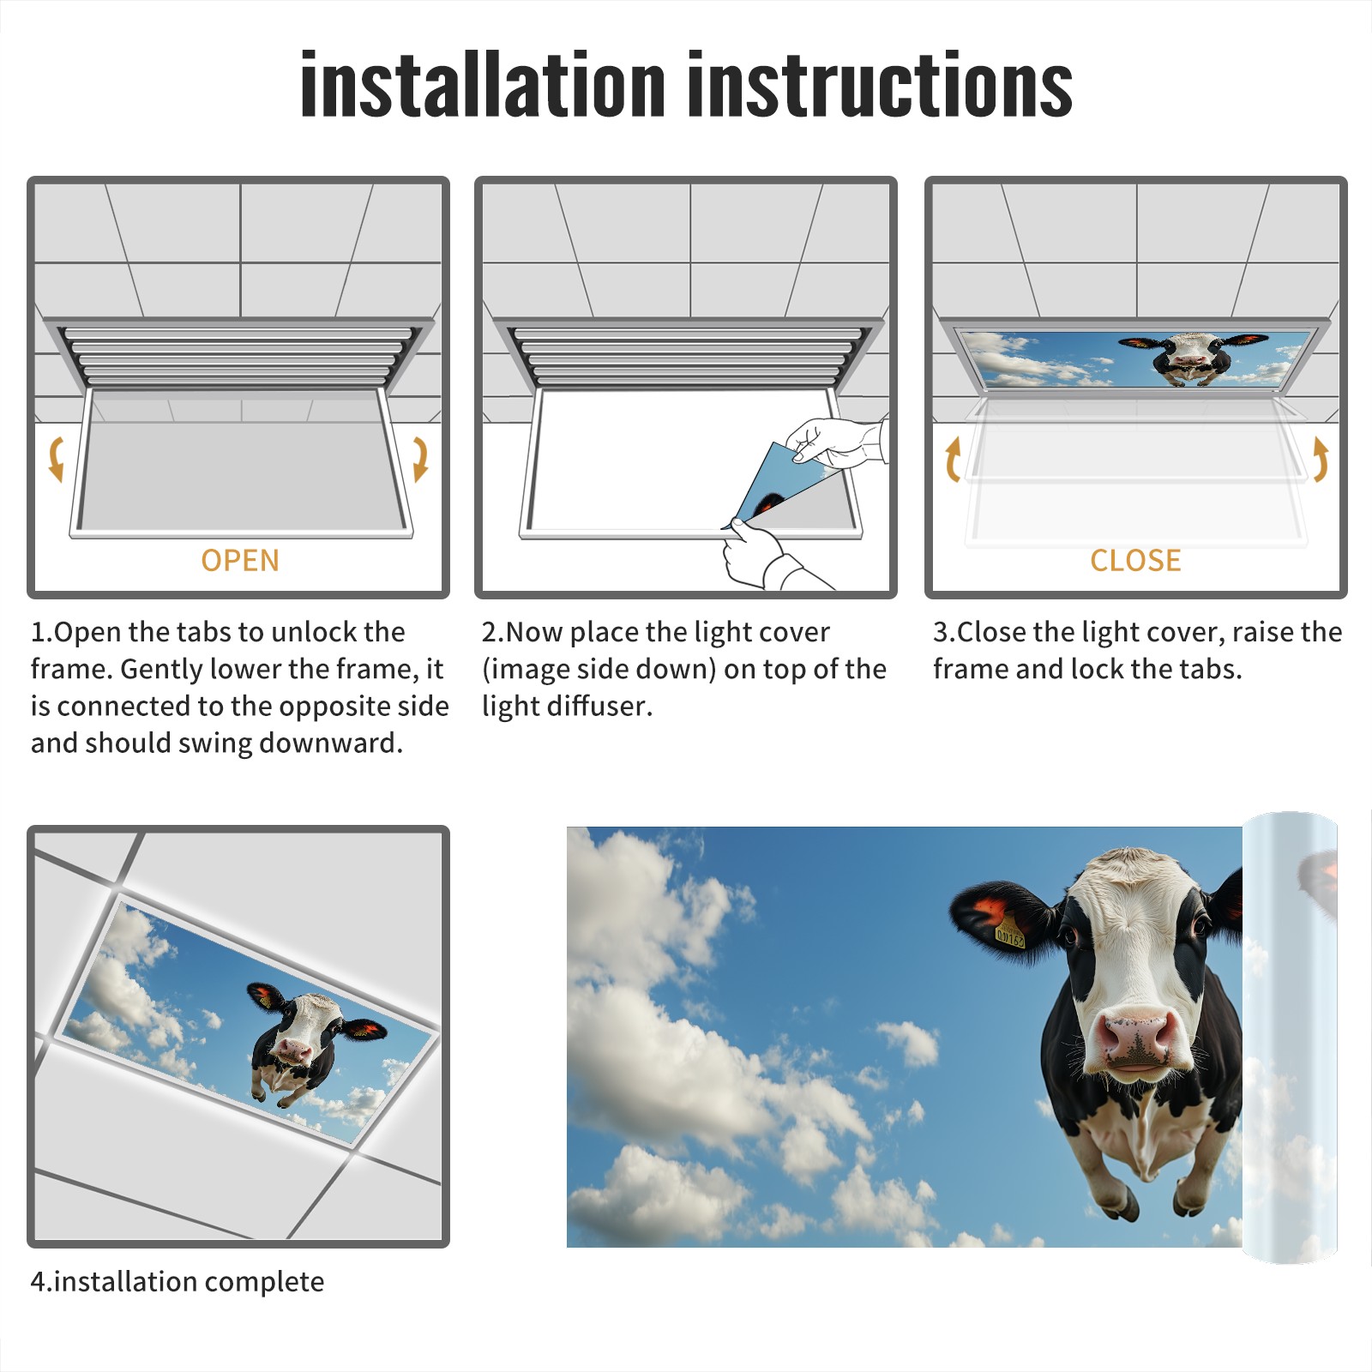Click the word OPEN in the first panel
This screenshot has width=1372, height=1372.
[x=240, y=561]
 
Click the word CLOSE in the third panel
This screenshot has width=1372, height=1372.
[x=1135, y=561]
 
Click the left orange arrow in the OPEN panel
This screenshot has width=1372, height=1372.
[x=56, y=459]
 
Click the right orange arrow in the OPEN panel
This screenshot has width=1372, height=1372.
[x=420, y=459]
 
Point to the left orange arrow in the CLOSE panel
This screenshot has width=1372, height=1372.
[x=953, y=459]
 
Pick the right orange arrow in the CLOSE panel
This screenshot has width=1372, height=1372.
[x=1321, y=459]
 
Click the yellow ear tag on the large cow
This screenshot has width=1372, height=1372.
[x=1009, y=931]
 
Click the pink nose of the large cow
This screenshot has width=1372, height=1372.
[x=1135, y=1038]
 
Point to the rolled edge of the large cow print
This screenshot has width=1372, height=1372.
[x=1290, y=1038]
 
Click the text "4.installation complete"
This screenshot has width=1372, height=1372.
[x=178, y=1282]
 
